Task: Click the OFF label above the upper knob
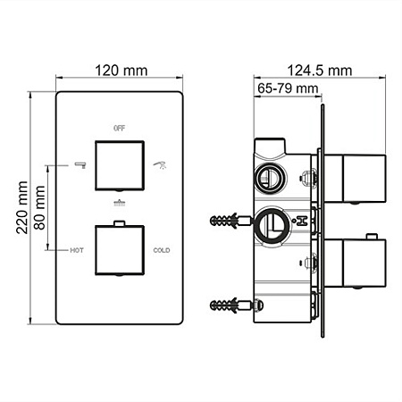(x=119, y=129)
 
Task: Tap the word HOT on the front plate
(x=76, y=251)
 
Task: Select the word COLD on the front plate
(x=161, y=251)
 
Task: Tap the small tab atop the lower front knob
(x=119, y=223)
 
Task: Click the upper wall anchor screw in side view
(x=228, y=219)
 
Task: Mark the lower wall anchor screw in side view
(x=228, y=306)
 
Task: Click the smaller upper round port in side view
(x=268, y=179)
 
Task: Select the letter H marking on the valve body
(x=303, y=219)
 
